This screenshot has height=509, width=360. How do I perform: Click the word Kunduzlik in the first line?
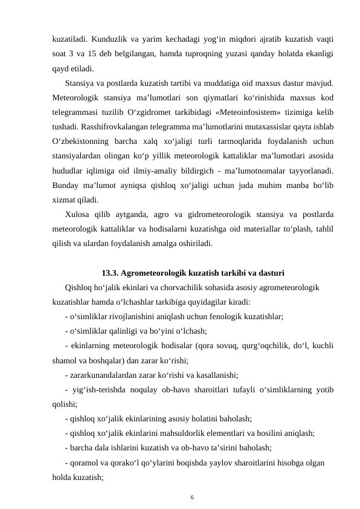pos(106,39)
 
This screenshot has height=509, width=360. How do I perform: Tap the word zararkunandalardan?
pos(105,375)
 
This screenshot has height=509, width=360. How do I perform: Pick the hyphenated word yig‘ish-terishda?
pos(100,389)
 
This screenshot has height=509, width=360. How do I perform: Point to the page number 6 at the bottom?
pos(192,496)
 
